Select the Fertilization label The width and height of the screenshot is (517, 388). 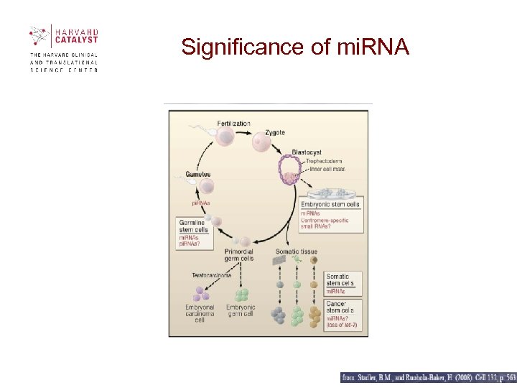pos(233,123)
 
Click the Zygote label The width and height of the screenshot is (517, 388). pos(275,132)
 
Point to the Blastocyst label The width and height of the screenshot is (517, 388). pos(307,152)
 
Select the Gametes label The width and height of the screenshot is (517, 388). pos(197,175)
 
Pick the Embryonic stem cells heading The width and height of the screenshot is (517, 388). pos(330,205)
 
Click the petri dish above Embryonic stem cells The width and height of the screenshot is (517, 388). pos(333,193)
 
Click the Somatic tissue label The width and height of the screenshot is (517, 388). pos(296,251)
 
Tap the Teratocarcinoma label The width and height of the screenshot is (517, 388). pos(212,275)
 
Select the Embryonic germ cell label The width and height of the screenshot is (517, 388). pos(241,311)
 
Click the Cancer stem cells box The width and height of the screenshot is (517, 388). pos(343,315)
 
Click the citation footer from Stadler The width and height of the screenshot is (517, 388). pos(428,377)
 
